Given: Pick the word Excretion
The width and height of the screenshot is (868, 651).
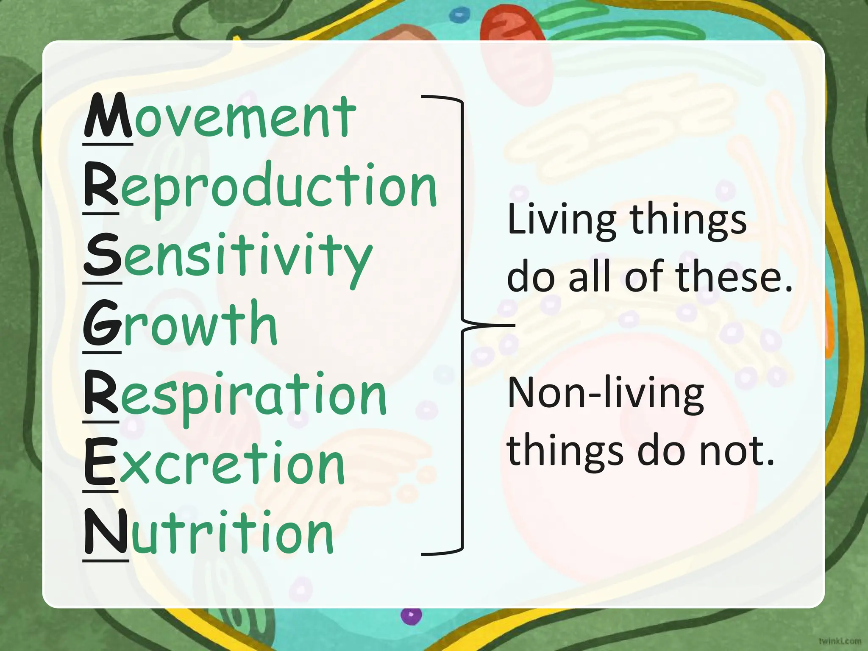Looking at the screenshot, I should click(x=214, y=464).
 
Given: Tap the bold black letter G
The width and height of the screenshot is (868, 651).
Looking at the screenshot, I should click(x=102, y=324).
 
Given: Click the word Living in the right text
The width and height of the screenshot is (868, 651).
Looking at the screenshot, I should click(x=562, y=220).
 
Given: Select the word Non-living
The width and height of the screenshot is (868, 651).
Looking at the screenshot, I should click(x=606, y=394).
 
